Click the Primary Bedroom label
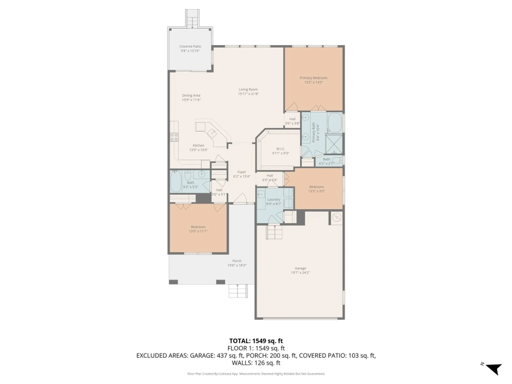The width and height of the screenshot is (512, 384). [313, 78]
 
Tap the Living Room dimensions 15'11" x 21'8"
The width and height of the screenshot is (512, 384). [248, 94]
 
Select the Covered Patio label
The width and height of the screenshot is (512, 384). [190, 46]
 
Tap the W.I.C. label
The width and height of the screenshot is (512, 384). [281, 149]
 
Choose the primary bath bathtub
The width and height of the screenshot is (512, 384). [335, 123]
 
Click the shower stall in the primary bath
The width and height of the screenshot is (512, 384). [334, 144]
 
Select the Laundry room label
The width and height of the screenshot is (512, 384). [274, 199]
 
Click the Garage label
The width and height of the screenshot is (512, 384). [300, 268]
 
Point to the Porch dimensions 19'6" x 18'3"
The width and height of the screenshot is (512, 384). [237, 265]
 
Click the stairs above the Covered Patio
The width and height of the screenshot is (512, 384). [192, 19]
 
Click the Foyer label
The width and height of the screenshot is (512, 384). [241, 172]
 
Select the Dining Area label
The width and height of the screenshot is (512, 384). [191, 95]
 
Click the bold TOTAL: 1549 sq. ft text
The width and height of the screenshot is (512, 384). [256, 341]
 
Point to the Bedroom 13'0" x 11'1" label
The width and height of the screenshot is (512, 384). [198, 227]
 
